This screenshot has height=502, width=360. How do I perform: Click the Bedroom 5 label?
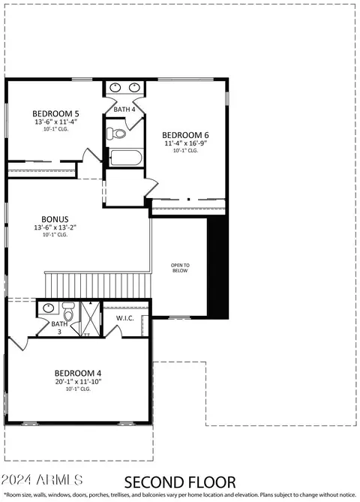coord(55,113)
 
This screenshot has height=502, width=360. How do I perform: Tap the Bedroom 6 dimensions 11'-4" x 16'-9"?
coord(185,143)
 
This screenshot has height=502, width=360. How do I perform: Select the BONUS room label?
coord(55,219)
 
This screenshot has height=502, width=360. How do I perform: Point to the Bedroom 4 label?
coord(78,373)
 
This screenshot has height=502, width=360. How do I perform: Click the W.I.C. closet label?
coord(124,318)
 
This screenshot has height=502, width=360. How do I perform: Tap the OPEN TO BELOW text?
coord(180,268)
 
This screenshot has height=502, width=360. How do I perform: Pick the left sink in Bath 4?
coord(115,87)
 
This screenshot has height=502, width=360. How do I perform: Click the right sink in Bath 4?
coord(135,87)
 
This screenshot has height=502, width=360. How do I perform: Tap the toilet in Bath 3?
coord(68,312)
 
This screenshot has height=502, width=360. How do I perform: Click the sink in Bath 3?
coord(48,308)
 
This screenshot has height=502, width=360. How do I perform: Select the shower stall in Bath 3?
coord(91,319)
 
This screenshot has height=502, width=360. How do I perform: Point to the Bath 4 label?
coord(124,110)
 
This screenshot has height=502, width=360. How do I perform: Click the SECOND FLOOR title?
coord(180,482)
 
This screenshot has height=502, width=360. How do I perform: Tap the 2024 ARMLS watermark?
coord(41,480)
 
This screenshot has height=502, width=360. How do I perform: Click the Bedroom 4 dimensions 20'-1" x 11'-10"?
coord(79,381)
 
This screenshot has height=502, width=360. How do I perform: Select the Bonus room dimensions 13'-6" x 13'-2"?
coord(55,227)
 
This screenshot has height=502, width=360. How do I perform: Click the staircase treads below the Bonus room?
coord(98,285)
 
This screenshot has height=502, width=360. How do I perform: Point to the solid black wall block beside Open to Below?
coord(218,267)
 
